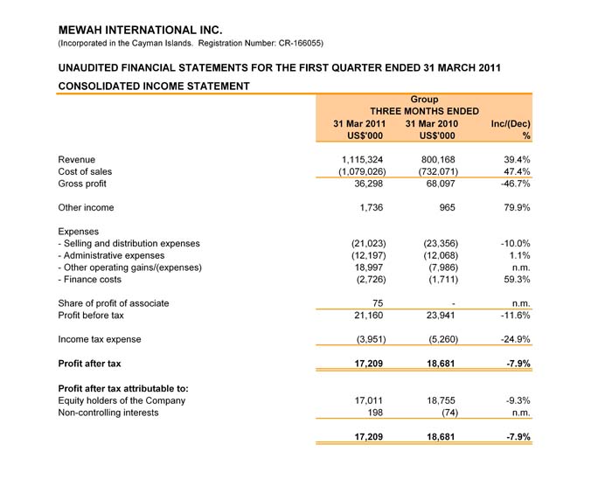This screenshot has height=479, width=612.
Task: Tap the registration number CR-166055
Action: (294, 43)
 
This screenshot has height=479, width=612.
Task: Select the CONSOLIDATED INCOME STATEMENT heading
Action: (154, 86)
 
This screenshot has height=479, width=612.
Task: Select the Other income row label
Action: (86, 208)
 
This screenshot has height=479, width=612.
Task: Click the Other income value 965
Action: (446, 208)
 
